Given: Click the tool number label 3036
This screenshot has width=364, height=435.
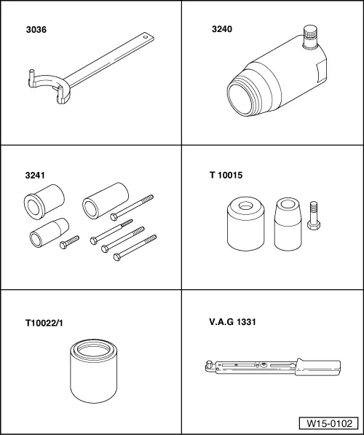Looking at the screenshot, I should tap(35, 31).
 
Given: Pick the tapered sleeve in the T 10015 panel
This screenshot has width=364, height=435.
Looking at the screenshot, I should tap(287, 224).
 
